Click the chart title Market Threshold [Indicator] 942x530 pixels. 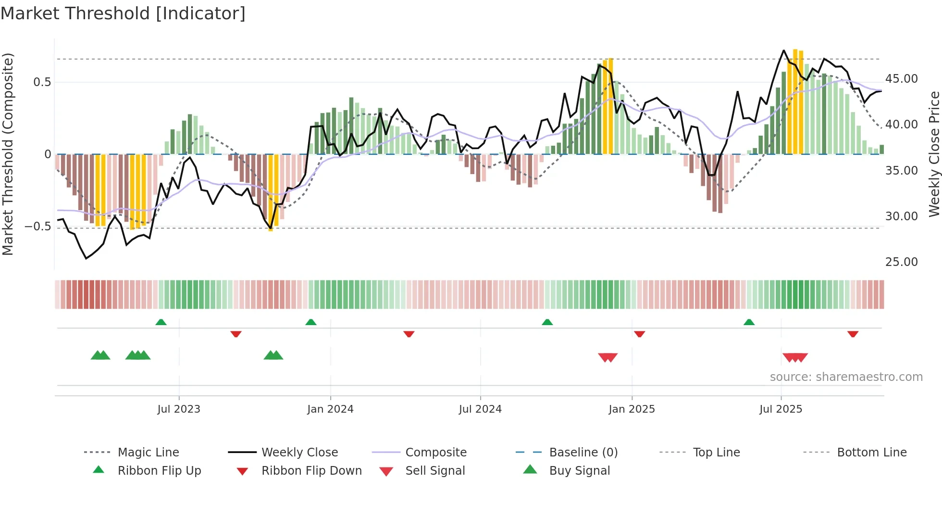[123, 13]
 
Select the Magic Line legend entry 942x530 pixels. [148, 452]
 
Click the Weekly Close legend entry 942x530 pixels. [299, 452]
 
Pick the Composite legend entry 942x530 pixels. [435, 452]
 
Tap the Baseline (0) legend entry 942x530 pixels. [583, 452]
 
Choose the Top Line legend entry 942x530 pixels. [716, 452]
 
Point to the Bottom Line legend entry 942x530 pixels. [871, 452]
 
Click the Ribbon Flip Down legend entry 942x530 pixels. [311, 470]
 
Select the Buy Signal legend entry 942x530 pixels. [579, 470]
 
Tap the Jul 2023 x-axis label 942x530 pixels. [179, 409]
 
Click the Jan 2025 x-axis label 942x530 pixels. [632, 409]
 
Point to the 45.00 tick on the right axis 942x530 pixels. [901, 78]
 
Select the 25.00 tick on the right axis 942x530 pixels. [901, 262]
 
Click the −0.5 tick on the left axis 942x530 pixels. [37, 226]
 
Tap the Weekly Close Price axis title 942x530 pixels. [934, 154]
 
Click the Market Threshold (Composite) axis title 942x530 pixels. [8, 154]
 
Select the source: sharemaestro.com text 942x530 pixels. [846, 377]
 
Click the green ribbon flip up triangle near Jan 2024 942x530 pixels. [311, 322]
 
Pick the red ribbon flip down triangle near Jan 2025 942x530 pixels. [639, 334]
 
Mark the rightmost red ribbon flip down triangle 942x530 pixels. [853, 334]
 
